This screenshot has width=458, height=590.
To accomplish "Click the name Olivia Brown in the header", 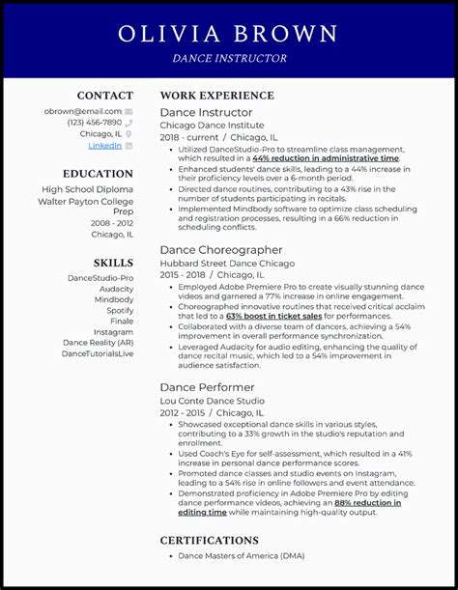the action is coord(228,34).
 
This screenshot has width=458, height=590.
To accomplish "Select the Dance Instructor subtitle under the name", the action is coord(229,58).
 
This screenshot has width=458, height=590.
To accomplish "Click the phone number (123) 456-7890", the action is coord(95,123).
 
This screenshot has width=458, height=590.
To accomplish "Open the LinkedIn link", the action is coord(104,146).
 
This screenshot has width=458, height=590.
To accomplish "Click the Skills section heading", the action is coord(113,263).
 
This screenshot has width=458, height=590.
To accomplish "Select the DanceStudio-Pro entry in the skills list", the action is coord(100,278).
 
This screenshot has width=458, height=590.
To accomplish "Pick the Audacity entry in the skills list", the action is coord(116,289).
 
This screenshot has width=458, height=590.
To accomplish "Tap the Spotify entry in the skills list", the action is coord(120,310).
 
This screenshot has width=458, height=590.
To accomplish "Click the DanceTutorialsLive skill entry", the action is coord(98,353).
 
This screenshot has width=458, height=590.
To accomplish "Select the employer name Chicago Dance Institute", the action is coord(211,126).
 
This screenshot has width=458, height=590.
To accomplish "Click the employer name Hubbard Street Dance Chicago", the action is coord(226,264).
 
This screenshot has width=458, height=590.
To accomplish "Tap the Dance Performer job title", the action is coord(203,387).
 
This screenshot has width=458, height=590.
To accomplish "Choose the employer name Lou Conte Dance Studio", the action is coord(212,401).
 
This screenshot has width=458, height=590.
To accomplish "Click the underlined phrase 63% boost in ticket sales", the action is coord(273,315).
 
